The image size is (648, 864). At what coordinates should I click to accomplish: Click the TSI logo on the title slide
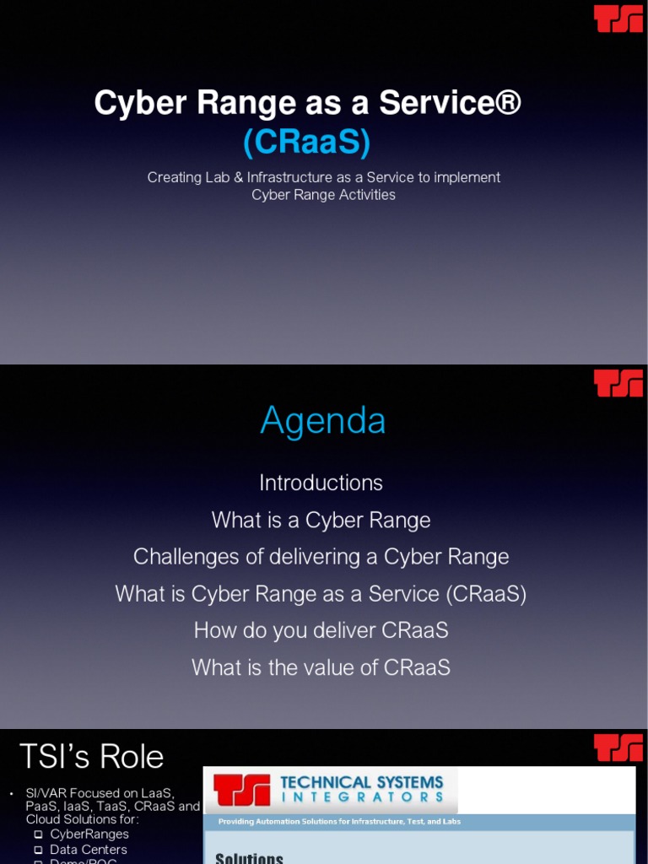(x=618, y=19)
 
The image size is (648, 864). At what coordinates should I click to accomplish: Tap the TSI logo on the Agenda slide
(x=618, y=383)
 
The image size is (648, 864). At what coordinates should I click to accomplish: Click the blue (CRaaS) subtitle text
(x=306, y=143)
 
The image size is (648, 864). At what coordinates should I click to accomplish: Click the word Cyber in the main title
(x=127, y=103)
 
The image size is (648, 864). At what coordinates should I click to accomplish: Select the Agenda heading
(x=322, y=420)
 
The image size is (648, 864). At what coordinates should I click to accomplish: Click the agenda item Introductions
(x=321, y=483)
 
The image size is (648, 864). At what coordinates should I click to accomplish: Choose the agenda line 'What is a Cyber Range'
(x=321, y=520)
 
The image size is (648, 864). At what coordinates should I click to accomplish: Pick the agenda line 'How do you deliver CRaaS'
(x=321, y=630)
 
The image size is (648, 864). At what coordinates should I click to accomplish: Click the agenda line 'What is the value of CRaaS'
(x=321, y=667)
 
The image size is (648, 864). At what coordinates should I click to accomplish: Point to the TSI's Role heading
(x=91, y=756)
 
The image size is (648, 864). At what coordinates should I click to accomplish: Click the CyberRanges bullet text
(x=89, y=834)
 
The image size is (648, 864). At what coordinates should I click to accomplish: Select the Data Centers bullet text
(x=89, y=849)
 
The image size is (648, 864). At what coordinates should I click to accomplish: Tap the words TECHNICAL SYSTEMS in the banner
(x=361, y=782)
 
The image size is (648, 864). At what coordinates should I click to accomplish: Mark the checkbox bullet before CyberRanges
(x=38, y=834)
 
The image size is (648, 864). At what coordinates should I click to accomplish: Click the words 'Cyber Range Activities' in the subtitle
(x=323, y=195)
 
